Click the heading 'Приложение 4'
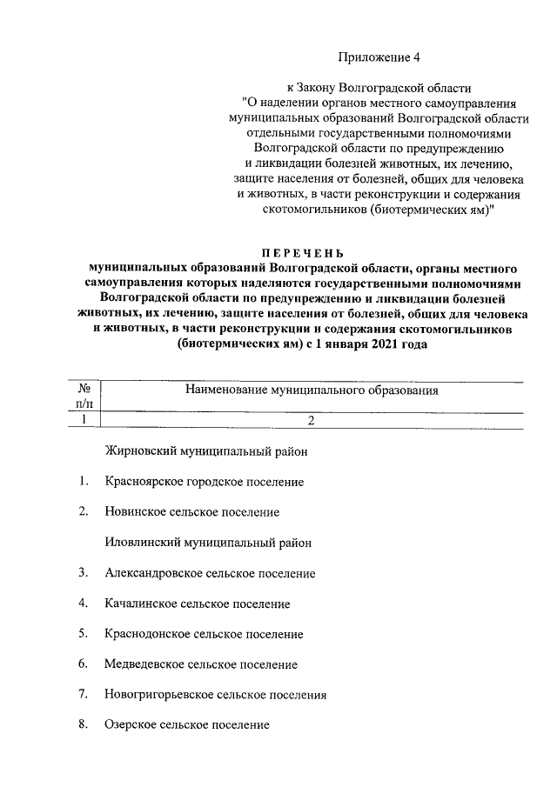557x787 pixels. click(x=379, y=57)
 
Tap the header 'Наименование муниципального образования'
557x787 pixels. click(x=311, y=391)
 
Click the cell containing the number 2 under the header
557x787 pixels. click(x=310, y=420)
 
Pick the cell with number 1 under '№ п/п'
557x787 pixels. click(x=84, y=420)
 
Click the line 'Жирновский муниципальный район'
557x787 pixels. click(x=205, y=451)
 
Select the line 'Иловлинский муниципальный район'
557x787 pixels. click(x=207, y=542)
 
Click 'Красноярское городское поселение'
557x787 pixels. click(x=204, y=481)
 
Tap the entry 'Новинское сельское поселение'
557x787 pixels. click(x=191, y=512)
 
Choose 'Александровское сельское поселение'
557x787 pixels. click(x=209, y=573)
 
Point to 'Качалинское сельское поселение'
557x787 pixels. click(x=197, y=604)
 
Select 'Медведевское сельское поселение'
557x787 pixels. click(x=200, y=664)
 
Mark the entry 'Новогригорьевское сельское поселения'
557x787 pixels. click(x=215, y=695)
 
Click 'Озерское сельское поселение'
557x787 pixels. click(x=186, y=724)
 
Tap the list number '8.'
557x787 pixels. click(x=83, y=724)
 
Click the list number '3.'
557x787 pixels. click(x=83, y=573)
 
